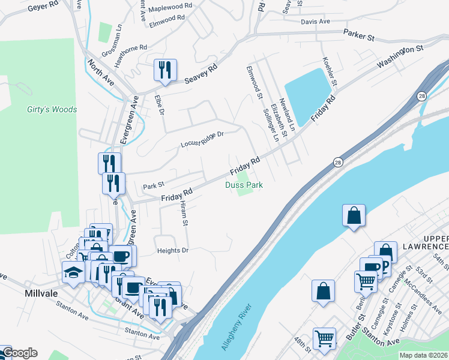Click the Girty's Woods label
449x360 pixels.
(52, 109)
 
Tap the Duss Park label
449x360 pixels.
(244, 185)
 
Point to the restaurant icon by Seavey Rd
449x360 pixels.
(164, 70)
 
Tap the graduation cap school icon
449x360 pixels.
(73, 272)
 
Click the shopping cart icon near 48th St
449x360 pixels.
(324, 338)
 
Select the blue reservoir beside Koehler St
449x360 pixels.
(310, 88)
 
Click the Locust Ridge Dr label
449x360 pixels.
(202, 140)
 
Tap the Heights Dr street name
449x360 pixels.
(172, 250)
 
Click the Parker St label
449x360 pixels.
(358, 36)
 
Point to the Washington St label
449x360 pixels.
(400, 55)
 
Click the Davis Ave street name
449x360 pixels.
(316, 22)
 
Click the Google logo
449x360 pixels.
(20, 353)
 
